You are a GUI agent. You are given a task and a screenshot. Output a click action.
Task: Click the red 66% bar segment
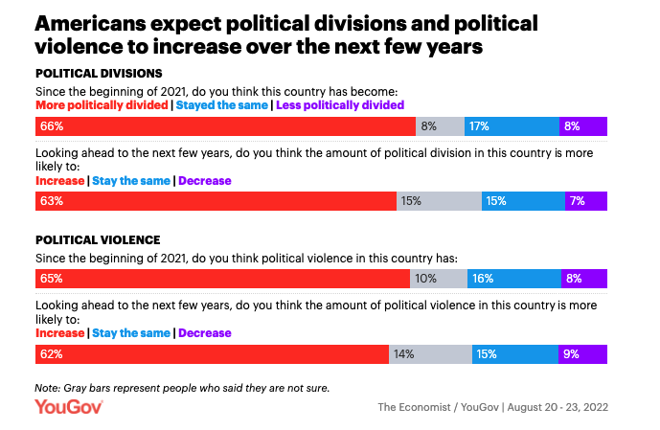[x=225, y=125]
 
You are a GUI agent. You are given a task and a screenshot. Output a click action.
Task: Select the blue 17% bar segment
[x=512, y=125]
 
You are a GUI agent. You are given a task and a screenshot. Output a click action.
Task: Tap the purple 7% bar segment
[x=586, y=201]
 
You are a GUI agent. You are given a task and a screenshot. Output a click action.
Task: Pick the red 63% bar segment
[x=216, y=201]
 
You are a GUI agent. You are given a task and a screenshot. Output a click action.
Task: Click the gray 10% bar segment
[x=439, y=279]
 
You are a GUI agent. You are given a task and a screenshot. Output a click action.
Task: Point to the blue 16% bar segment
[x=514, y=279]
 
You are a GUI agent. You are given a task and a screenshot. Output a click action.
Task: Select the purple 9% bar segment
[x=583, y=354]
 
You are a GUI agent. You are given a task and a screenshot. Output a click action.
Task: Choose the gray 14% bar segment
[x=430, y=354]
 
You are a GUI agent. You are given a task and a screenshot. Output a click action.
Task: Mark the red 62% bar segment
[x=212, y=354]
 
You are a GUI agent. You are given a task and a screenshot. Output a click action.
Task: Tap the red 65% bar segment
[x=222, y=279]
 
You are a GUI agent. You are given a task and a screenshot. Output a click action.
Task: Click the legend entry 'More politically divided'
[x=102, y=104]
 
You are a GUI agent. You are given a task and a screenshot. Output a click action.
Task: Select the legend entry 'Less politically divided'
[x=340, y=104]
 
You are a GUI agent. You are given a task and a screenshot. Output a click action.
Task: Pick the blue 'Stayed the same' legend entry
[x=221, y=104]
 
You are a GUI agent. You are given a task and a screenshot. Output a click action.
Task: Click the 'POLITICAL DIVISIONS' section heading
[x=99, y=73]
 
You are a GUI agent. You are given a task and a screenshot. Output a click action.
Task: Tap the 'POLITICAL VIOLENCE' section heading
[x=97, y=239]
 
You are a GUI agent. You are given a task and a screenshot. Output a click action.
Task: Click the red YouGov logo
[x=69, y=407]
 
